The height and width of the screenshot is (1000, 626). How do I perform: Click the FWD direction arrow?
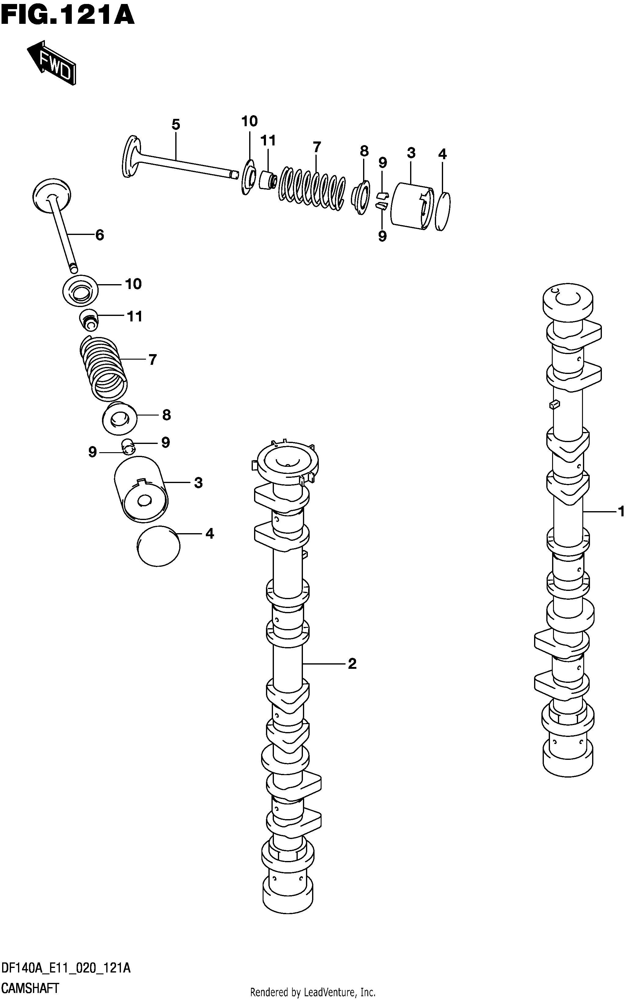(52, 63)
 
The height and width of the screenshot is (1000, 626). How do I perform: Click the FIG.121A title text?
(68, 16)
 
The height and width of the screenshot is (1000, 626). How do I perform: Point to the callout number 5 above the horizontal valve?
(176, 124)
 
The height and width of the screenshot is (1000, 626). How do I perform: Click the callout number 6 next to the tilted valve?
(100, 235)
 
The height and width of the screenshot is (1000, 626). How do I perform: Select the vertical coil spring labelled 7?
(103, 368)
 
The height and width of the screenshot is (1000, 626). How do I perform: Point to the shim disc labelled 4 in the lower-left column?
(158, 546)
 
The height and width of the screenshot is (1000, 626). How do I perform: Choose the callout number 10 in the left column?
(133, 284)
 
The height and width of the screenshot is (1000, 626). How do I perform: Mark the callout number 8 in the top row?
(364, 151)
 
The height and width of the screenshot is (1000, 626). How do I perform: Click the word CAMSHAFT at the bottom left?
(30, 988)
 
